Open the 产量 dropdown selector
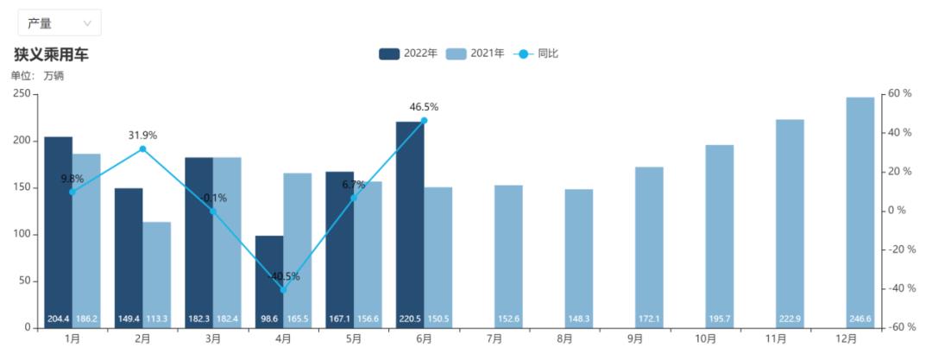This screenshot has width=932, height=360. pyautogui.click(x=60, y=23)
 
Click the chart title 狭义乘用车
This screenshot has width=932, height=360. pyautogui.click(x=51, y=55)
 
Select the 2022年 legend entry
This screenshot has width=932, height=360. pyautogui.click(x=408, y=54)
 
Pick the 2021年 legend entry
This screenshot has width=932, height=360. pyautogui.click(x=475, y=54)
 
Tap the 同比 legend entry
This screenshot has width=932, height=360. pyautogui.click(x=536, y=54)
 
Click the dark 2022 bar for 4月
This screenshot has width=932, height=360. pyautogui.click(x=269, y=282)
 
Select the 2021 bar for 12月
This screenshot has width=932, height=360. pyautogui.click(x=860, y=212)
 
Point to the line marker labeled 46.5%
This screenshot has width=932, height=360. pyautogui.click(x=424, y=120)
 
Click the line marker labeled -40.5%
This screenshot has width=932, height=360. pyautogui.click(x=284, y=290)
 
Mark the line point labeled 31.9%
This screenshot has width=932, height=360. pyautogui.click(x=142, y=148)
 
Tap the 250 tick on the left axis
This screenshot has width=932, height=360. pyautogui.click(x=22, y=94)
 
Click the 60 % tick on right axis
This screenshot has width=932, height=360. pyautogui.click(x=899, y=94)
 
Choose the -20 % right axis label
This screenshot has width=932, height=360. pyautogui.click(x=897, y=249)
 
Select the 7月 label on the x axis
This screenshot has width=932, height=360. pyautogui.click(x=494, y=339)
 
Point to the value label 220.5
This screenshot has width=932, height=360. pyautogui.click(x=410, y=319)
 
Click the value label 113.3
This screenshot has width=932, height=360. pyautogui.click(x=157, y=319)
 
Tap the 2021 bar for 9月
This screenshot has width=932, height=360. pyautogui.click(x=649, y=248)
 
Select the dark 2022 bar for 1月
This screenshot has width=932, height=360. pyautogui.click(x=59, y=232)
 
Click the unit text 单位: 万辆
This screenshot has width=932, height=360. pyautogui.click(x=37, y=76)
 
